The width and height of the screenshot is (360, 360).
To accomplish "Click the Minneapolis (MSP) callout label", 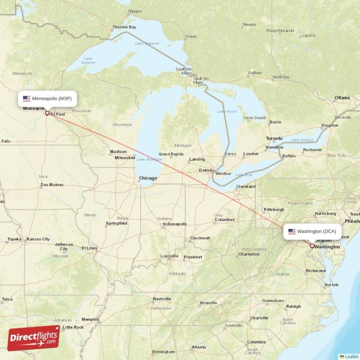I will (47, 98).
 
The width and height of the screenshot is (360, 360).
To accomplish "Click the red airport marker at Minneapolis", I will (47, 113).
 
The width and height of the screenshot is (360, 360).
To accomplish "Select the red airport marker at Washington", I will (312, 246).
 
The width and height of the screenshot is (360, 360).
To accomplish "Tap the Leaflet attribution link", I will (351, 356).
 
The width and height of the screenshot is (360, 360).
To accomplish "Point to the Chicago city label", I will (148, 178).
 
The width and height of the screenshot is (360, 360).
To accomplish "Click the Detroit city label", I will (206, 170).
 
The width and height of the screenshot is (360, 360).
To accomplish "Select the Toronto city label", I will (274, 139).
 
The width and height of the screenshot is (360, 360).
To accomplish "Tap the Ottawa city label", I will (342, 98).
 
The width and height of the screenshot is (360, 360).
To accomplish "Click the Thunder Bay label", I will (124, 27).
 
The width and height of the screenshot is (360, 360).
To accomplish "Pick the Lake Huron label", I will (226, 111).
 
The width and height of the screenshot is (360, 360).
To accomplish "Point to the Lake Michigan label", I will (149, 159).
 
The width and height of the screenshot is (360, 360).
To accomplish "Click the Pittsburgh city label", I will (274, 209).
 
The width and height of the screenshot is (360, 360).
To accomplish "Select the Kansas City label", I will (38, 239).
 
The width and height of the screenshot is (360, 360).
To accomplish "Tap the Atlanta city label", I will (198, 347).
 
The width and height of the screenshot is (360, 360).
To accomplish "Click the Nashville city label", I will (162, 299).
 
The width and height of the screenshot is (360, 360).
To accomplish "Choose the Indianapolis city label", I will (175, 224).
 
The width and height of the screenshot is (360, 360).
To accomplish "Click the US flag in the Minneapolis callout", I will (27, 98).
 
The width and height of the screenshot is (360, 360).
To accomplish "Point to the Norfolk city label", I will (331, 285).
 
